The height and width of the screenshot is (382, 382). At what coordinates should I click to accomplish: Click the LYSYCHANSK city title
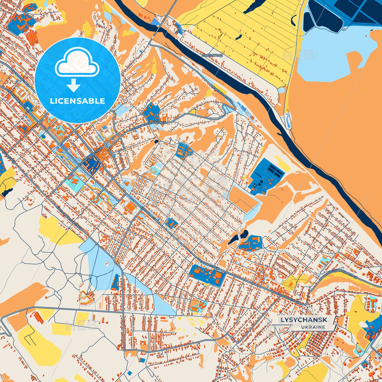[x=304, y=320]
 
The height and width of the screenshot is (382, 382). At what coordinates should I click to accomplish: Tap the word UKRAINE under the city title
[x=313, y=327]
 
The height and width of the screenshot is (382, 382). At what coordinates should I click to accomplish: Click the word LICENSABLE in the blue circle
[x=77, y=101]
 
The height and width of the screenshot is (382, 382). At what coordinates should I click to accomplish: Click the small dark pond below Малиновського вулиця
[x=157, y=142]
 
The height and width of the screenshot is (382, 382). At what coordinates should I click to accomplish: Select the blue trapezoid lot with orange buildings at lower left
[x=115, y=282]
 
